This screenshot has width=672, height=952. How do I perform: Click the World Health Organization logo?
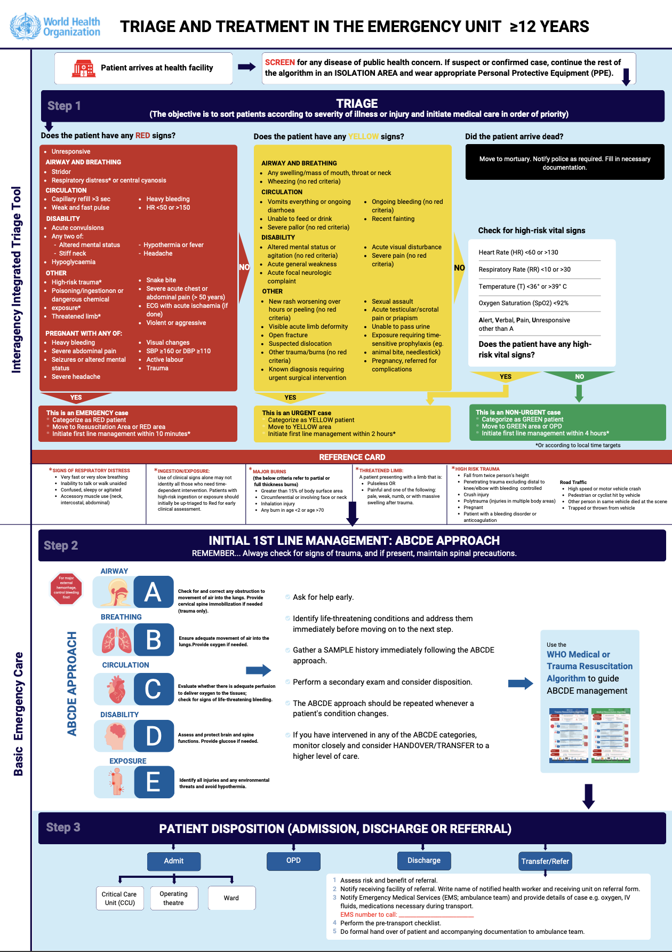point(55,27)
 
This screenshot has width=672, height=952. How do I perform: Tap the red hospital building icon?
point(84,68)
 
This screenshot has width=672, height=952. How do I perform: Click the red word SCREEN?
point(279,62)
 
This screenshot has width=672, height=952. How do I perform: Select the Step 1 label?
point(64,106)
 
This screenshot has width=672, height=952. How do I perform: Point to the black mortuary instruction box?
point(564,162)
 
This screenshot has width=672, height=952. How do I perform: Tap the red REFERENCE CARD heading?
point(352,457)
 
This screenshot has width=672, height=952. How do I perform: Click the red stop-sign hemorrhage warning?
point(66,588)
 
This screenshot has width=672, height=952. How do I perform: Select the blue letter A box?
point(153,592)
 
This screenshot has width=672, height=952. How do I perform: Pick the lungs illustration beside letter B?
point(116,640)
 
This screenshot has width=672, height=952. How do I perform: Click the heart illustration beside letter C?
point(116,689)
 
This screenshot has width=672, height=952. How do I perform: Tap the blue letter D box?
point(154,736)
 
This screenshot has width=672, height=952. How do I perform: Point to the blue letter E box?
point(154,782)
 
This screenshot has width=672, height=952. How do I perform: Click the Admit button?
point(174,861)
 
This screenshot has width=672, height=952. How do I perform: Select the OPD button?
point(293,861)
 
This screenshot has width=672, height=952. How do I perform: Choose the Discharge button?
point(424,861)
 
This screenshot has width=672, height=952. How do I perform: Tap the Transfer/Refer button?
point(545,861)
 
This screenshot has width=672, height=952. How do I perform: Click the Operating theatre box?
point(173,898)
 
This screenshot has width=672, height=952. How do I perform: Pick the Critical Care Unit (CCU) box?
point(119,898)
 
